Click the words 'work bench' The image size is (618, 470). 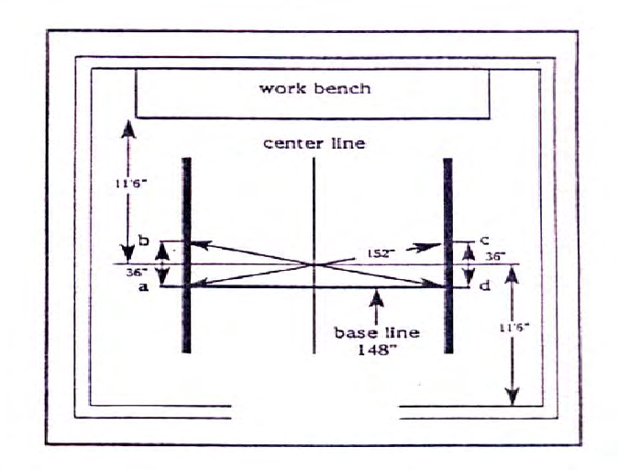(315, 89)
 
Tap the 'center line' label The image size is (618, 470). (314, 144)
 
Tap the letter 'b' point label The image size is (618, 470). (143, 241)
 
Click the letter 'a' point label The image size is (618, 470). (143, 287)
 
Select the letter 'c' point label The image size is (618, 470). (482, 242)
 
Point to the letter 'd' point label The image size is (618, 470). (482, 286)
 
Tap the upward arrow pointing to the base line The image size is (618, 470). (376, 302)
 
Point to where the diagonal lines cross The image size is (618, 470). (315, 264)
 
